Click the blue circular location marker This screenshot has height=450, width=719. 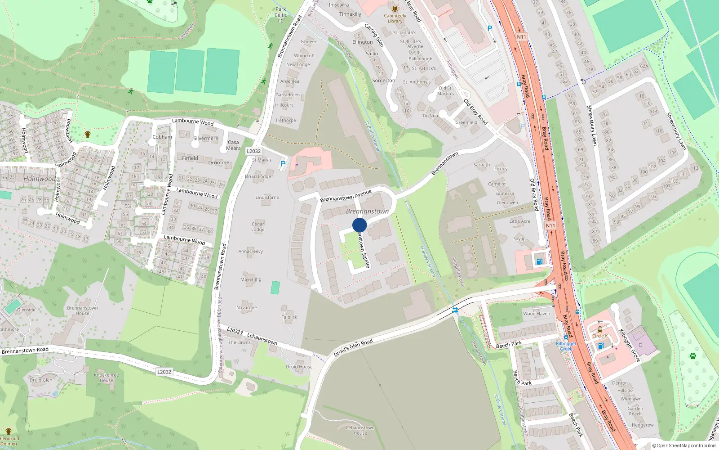pos(359,225)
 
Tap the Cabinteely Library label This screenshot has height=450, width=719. pos(395,18)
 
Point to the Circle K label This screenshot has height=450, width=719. pos(599,336)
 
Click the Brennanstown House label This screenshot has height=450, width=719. pos(82,310)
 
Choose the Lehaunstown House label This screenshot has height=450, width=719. pos(360,430)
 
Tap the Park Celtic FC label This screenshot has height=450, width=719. pos(281,15)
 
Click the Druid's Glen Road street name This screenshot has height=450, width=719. pos(353,348)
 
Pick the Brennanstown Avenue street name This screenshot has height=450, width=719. pos(346,196)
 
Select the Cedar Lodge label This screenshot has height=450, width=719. pos(258,226)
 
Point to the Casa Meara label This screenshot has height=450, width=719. pos(233,145)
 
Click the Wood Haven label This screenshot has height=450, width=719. pos(536,314)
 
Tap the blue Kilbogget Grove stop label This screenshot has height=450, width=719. pos(565,346)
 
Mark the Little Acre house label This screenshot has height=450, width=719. pos(519,221)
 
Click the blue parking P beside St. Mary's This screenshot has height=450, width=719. pos(283,164)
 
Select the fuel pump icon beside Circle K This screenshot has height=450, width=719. pos(601,346)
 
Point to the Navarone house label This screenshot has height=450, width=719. pos(247,307)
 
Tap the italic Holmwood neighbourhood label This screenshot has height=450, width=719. pos(40,179)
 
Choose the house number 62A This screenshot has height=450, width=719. pos(644,66)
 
